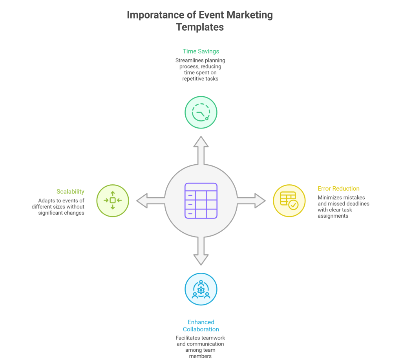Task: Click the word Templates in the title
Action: pyautogui.click(x=200, y=27)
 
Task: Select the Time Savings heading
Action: pyautogui.click(x=201, y=51)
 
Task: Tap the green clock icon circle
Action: pyautogui.click(x=201, y=112)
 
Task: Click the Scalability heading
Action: pyautogui.click(x=70, y=191)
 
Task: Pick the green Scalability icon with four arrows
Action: pyautogui.click(x=113, y=200)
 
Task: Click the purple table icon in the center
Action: pyautogui.click(x=201, y=200)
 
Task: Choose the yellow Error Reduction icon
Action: pyautogui.click(x=289, y=200)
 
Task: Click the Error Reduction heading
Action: pyautogui.click(x=338, y=189)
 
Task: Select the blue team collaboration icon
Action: pyautogui.click(x=201, y=289)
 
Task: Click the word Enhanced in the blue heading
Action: pyautogui.click(x=201, y=322)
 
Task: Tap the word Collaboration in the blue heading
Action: pyautogui.click(x=201, y=329)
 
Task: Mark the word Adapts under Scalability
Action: pyautogui.click(x=47, y=200)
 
